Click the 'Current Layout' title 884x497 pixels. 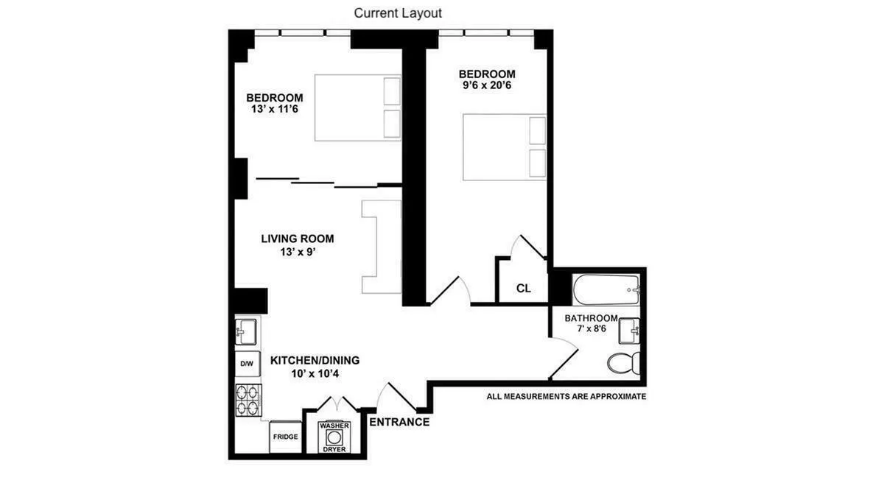398,13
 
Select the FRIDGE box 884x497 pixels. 285,437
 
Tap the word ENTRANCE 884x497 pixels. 399,422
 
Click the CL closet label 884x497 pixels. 523,288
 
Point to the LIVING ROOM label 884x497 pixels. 297,239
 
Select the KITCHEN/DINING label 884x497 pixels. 315,360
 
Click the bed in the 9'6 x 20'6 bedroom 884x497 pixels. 505,147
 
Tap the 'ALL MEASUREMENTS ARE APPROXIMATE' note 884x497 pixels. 566,396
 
